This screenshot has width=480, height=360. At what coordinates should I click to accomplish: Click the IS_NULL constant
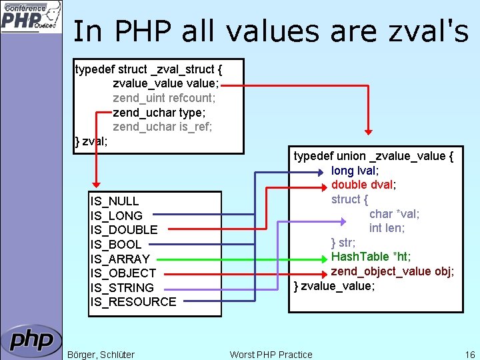pos(115,201)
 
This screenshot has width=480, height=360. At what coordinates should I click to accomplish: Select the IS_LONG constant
pos(117,216)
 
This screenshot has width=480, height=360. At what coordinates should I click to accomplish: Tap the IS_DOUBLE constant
pos(124,230)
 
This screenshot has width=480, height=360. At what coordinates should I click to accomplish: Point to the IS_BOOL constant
pos(116,245)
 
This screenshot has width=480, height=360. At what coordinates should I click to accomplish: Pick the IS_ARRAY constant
pos(120,259)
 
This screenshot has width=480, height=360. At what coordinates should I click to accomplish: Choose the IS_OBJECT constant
pos(123,273)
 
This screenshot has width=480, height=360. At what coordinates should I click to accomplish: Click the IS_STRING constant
pos(122,287)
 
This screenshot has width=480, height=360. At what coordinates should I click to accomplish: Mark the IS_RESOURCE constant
pos(133,302)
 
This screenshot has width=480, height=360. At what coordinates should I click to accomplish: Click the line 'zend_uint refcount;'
pos(164,98)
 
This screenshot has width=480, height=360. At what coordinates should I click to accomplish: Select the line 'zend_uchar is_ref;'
pos(163,127)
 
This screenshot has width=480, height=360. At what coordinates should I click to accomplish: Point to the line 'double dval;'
pos(363,185)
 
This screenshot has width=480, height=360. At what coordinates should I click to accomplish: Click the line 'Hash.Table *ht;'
pos(371,257)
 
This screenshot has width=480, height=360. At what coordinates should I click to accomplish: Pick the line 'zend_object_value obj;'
pos(393,271)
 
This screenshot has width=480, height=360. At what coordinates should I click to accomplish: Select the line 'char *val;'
pos(394,213)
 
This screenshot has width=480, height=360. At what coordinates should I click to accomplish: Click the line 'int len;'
pos(387,228)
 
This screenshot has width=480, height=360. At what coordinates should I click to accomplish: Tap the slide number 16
pos(470,355)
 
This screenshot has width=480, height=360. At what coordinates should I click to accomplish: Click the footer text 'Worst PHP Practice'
pos(271,355)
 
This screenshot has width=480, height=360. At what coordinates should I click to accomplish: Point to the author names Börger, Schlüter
pos(101,355)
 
